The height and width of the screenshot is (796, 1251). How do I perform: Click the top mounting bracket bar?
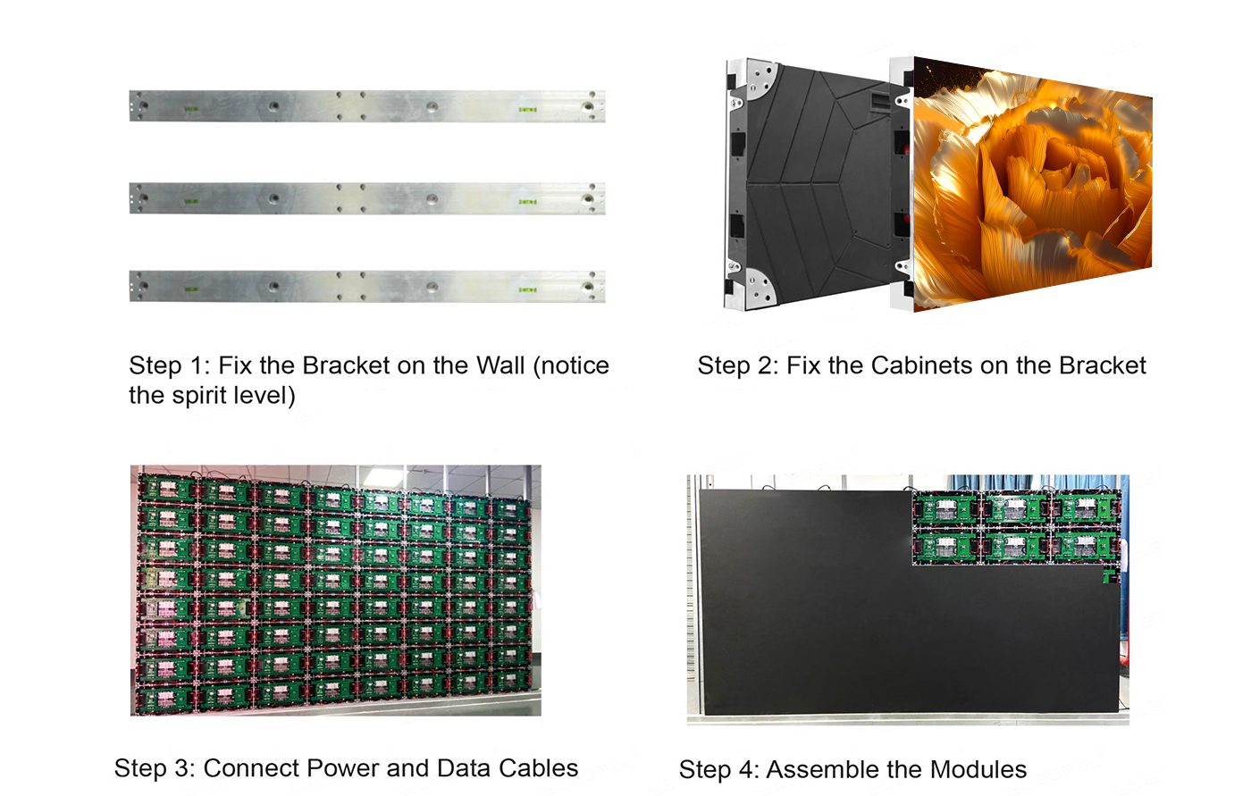click(367, 106)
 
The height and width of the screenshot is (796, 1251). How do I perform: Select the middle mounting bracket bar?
click(367, 198)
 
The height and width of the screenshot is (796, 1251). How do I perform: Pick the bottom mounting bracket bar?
click(367, 287)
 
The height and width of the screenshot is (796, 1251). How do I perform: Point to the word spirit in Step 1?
click(197, 396)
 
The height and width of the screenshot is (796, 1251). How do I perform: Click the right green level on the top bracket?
click(528, 109)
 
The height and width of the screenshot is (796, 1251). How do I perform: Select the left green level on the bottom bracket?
click(191, 289)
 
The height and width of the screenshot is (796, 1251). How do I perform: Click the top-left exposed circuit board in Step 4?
click(946, 508)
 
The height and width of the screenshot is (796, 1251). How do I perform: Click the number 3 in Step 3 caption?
click(181, 768)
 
